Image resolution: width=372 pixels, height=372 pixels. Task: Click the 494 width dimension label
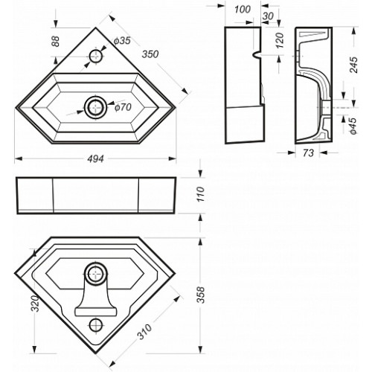pos(96,159)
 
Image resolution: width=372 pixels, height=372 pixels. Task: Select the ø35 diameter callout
pos(122,41)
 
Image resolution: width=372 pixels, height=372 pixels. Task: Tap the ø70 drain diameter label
pos(123,107)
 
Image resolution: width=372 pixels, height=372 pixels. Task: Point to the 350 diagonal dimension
pos(150,54)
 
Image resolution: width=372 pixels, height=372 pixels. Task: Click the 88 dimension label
pos(56,42)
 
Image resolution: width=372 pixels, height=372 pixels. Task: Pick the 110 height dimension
pos(201,194)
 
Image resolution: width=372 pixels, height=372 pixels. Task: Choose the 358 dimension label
pos(201,295)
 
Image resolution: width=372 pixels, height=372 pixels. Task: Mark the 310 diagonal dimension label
pos(144,332)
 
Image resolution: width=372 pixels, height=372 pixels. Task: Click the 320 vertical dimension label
pos(35,304)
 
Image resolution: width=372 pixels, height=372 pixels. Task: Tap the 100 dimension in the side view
pos(243,10)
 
